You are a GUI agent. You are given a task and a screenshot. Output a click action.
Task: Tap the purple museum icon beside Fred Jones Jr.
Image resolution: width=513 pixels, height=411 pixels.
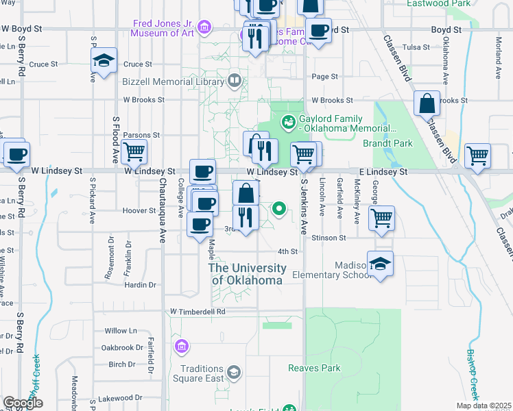coord(204,27)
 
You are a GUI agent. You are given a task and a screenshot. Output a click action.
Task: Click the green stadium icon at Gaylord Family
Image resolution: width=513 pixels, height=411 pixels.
coord(289,123)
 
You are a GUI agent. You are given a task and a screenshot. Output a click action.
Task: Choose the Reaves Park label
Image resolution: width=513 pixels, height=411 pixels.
coord(315,368)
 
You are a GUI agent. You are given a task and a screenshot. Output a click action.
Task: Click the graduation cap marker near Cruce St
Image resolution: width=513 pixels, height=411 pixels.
coord(104,62)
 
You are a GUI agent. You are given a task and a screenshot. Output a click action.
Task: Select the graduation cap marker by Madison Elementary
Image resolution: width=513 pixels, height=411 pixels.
coord(379,264)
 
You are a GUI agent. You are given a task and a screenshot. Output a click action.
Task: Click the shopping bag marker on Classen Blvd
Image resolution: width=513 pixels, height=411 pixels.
coord(427,104)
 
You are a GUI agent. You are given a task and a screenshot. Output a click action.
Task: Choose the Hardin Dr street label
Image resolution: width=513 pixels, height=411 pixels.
coord(141,284)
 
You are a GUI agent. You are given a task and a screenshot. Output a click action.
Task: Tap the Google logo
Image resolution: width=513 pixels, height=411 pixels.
coord(23,403)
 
